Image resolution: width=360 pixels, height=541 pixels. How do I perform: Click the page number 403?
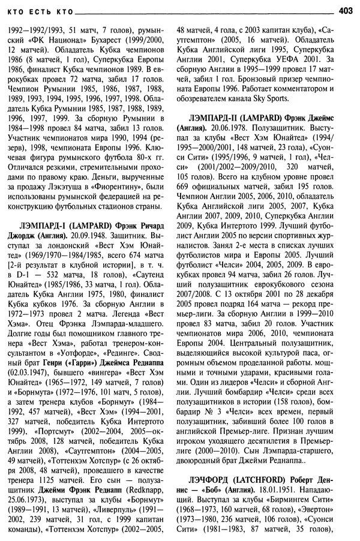pos(346,10)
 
